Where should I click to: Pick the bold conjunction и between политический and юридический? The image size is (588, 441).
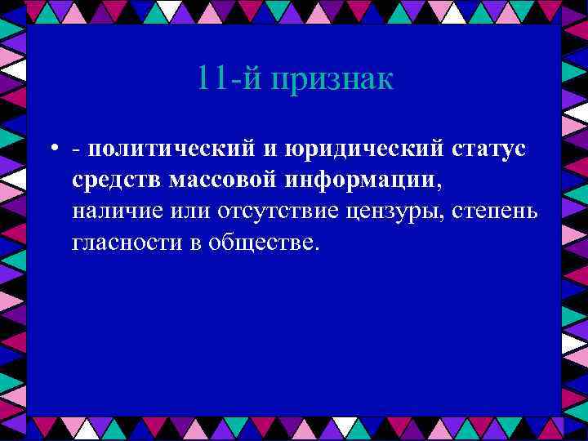point(270,150)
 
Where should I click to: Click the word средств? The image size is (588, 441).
point(117,180)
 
